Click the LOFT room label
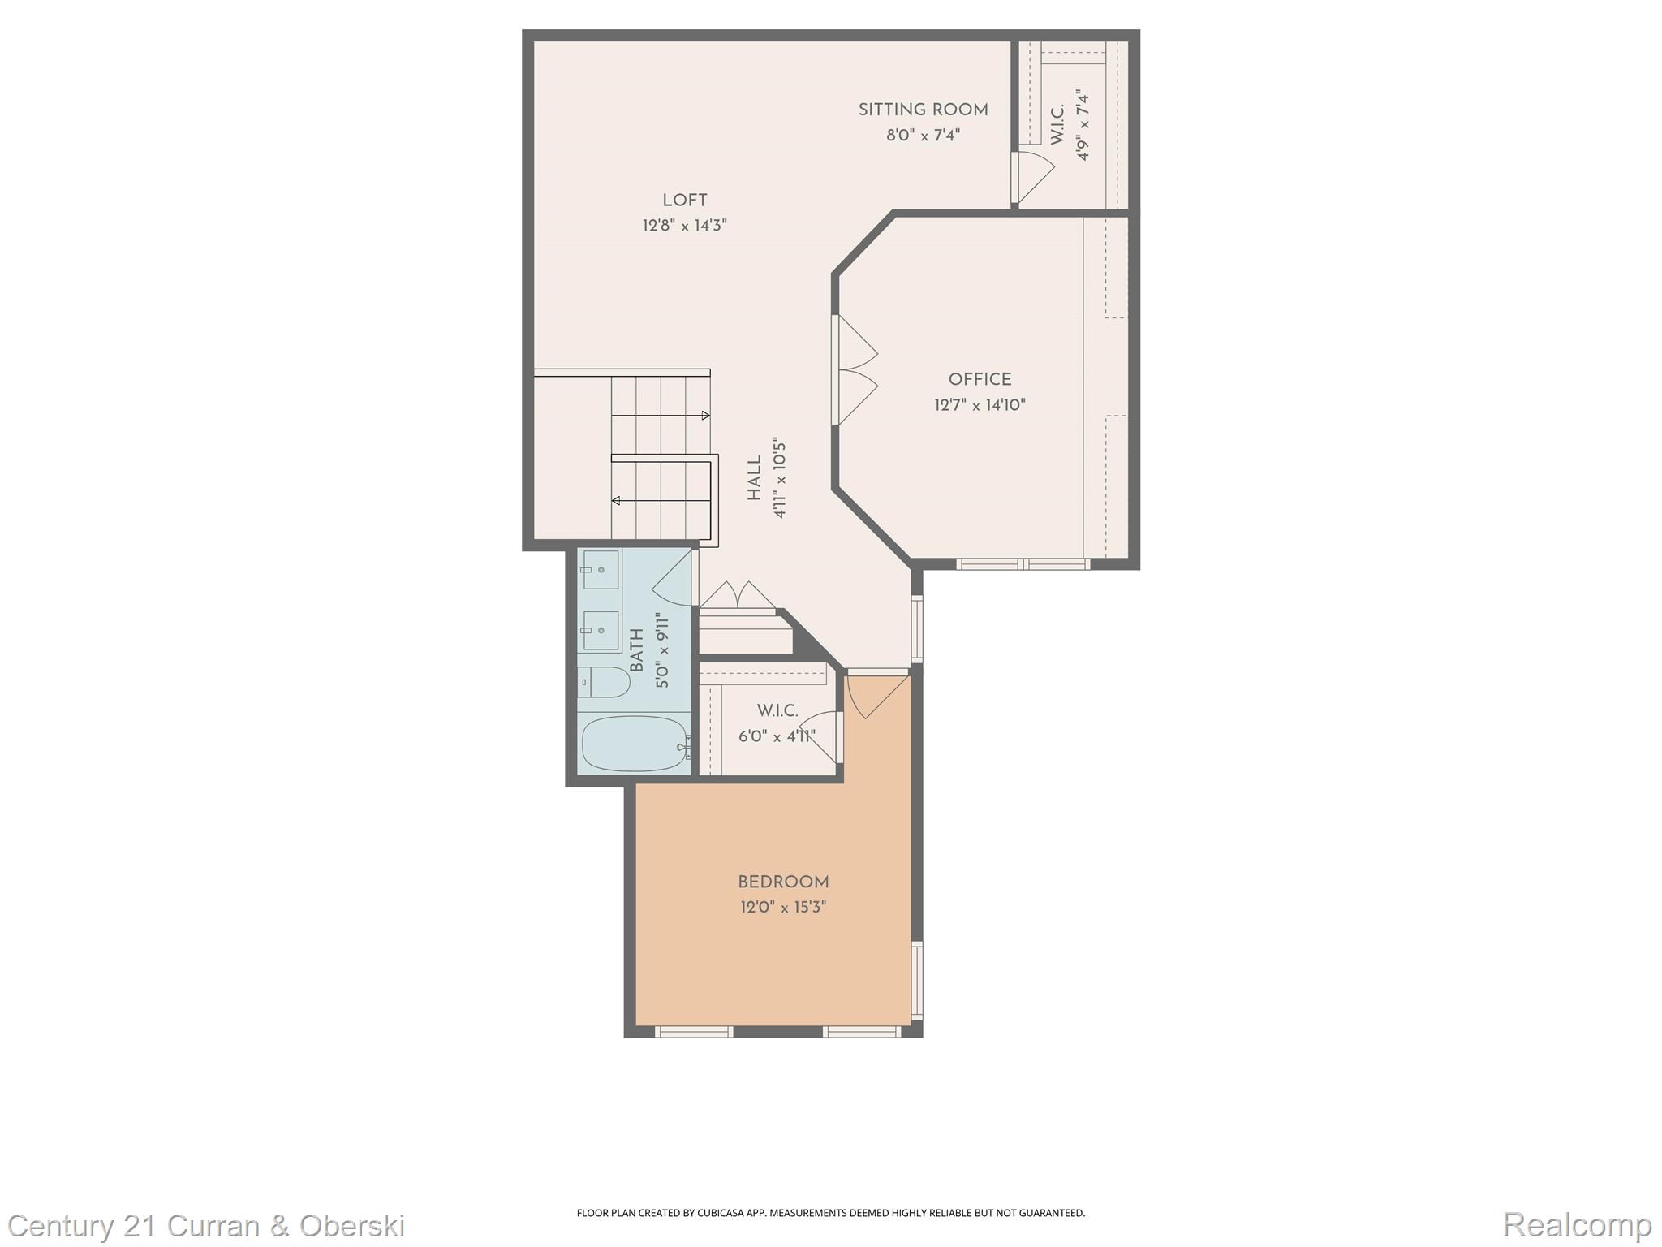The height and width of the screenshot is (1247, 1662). pos(684,201)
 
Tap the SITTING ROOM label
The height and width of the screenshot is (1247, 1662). pos(923,110)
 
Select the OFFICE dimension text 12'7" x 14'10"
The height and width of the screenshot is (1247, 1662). pos(980,405)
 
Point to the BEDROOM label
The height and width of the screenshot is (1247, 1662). pos(783,882)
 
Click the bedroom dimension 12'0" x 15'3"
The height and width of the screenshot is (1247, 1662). pos(783,907)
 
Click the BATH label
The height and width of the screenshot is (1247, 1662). pos(637,650)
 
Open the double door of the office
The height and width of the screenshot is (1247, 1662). pos(854,370)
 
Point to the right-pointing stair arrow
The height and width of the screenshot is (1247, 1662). pos(704,416)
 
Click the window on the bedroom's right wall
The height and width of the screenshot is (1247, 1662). pos(917,980)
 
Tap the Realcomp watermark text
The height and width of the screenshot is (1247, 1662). pos(1577,1224)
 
